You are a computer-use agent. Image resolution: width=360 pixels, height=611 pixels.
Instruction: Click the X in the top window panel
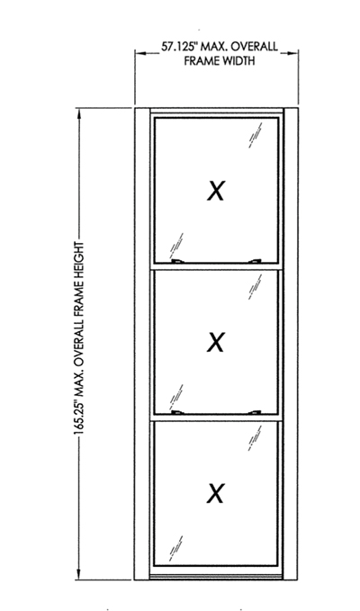(215, 191)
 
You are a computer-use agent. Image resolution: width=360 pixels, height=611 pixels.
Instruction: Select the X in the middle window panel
(215, 342)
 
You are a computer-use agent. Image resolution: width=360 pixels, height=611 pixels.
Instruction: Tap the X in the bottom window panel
(215, 493)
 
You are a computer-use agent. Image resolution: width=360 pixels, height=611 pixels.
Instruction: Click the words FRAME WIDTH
(220, 61)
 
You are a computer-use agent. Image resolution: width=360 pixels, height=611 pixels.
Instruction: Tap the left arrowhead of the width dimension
(140, 52)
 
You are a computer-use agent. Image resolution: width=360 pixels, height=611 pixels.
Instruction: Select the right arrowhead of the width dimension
(293, 52)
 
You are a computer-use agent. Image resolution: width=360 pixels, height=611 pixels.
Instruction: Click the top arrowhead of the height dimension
(79, 114)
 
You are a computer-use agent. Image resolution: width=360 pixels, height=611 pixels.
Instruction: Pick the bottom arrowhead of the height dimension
(79, 573)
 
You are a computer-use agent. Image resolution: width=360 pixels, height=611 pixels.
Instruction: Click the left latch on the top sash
(177, 262)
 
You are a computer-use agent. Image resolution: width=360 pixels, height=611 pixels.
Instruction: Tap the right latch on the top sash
(255, 262)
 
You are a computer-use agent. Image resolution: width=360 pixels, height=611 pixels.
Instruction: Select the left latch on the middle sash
(177, 412)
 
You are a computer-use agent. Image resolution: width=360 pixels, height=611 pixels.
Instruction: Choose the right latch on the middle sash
(255, 412)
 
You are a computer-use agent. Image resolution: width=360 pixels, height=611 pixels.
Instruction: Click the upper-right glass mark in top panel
(256, 135)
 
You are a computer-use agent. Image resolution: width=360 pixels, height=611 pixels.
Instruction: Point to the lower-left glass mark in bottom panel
(175, 548)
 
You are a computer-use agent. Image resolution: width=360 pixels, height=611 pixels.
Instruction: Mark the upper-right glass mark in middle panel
(256, 287)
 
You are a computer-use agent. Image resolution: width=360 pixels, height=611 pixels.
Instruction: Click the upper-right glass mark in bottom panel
(256, 438)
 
